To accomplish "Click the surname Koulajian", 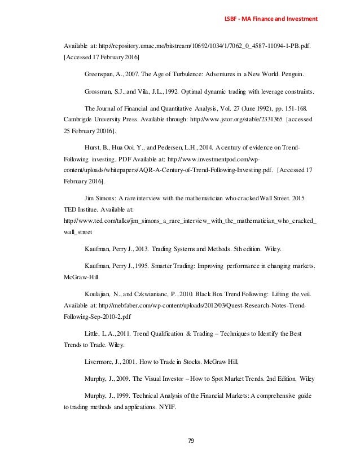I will [99, 294].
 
